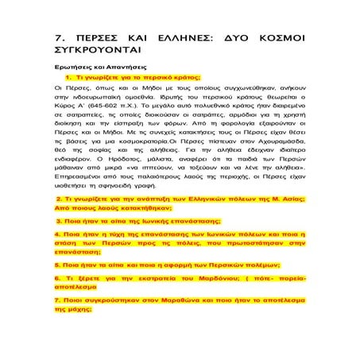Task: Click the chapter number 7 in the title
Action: point(58,37)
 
